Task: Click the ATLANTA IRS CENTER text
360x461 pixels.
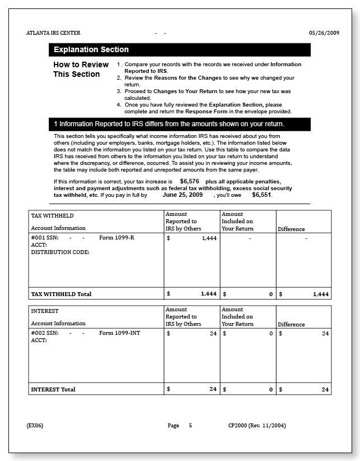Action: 53,33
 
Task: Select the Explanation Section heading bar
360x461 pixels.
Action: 179,49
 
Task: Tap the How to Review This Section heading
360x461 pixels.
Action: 77,70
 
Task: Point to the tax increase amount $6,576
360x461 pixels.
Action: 190,182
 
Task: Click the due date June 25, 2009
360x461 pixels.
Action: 182,195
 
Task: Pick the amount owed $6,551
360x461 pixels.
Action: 262,195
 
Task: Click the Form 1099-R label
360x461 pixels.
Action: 117,238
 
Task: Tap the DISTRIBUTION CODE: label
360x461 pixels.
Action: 60,252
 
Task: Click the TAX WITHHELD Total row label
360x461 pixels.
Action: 61,294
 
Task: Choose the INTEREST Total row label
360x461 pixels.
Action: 53,389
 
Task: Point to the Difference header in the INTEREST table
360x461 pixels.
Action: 291,324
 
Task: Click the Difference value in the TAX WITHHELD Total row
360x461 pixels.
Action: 320,294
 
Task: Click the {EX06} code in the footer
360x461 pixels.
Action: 35,425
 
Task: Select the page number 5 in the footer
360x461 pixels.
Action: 190,425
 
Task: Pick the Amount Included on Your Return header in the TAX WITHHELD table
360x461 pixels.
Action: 237,222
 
